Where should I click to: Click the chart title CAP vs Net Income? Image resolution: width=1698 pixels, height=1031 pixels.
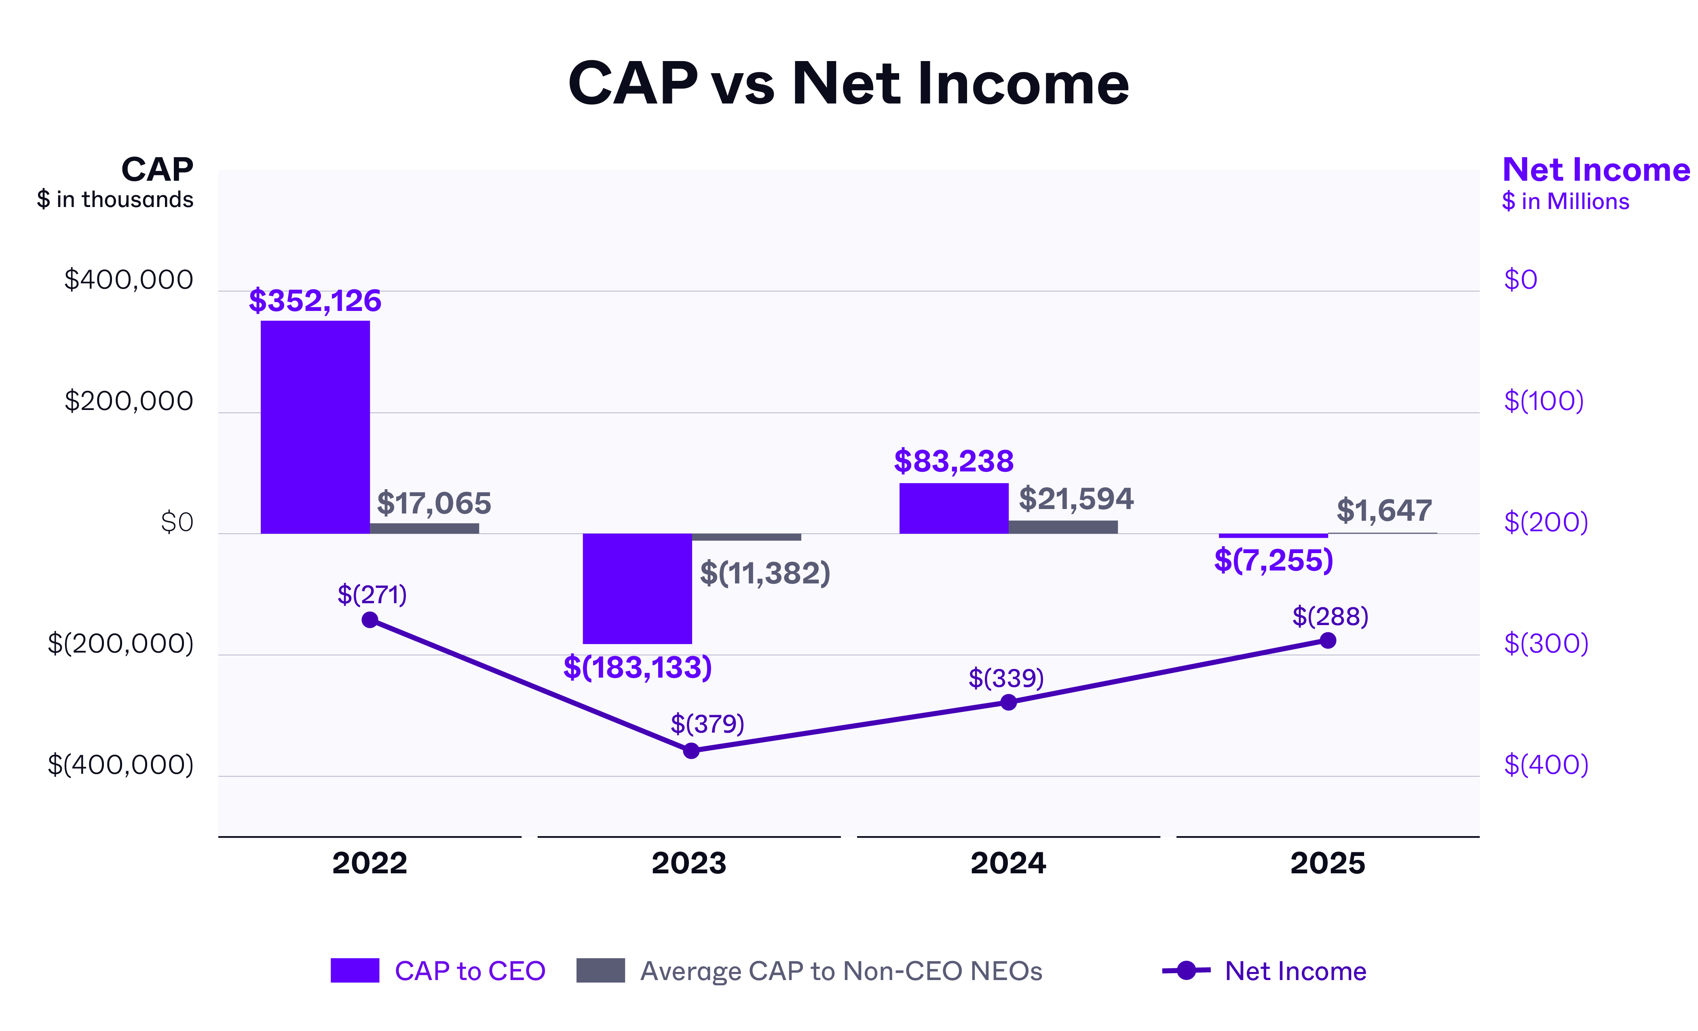pos(848,83)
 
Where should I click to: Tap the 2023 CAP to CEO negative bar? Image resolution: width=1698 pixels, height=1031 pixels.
pos(637,588)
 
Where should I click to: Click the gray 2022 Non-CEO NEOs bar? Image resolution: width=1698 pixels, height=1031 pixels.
pos(424,528)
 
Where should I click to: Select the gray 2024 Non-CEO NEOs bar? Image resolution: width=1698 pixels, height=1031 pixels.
pos(1062,526)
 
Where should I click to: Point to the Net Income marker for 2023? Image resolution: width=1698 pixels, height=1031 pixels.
pos(691,750)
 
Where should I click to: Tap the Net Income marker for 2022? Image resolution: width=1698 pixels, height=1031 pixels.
pos(370,619)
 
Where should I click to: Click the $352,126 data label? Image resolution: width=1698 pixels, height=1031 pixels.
pos(315,300)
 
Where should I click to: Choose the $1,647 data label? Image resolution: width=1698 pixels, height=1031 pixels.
pos(1384,510)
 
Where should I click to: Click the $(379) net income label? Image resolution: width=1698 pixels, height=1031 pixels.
pos(707,724)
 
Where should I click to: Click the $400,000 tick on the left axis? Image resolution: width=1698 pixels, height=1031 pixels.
pos(129,280)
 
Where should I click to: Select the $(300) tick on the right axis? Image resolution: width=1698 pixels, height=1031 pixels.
pos(1546,643)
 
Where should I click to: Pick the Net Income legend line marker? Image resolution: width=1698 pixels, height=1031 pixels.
pos(1186,970)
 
